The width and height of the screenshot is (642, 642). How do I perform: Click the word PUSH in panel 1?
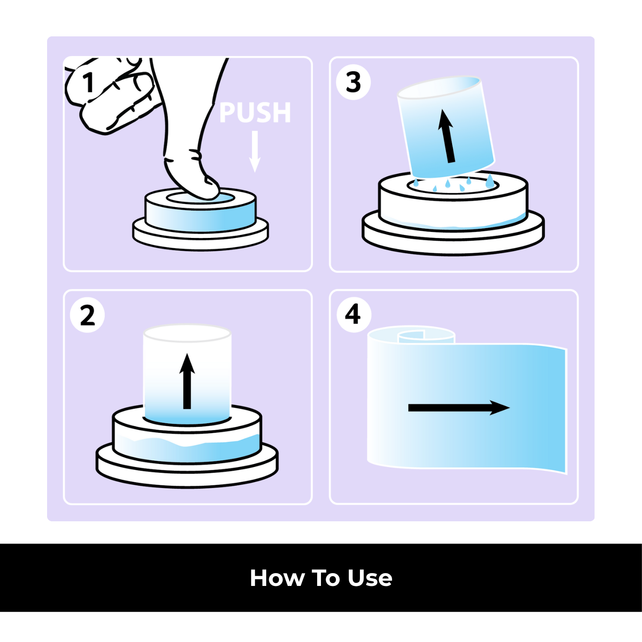[255, 113]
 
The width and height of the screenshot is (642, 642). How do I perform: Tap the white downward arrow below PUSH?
[255, 152]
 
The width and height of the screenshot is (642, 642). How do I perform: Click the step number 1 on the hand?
[89, 82]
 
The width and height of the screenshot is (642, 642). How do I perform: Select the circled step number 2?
[87, 315]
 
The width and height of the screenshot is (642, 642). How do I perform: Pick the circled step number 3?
[354, 82]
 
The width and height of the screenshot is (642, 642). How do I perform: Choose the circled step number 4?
[354, 315]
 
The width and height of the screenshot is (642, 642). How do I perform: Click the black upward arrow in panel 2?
[187, 381]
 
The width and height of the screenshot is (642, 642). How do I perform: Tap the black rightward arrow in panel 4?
[458, 408]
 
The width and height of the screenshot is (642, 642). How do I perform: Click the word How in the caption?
[276, 578]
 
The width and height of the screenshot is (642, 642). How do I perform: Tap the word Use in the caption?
[370, 578]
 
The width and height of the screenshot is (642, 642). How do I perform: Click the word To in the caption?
[326, 578]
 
